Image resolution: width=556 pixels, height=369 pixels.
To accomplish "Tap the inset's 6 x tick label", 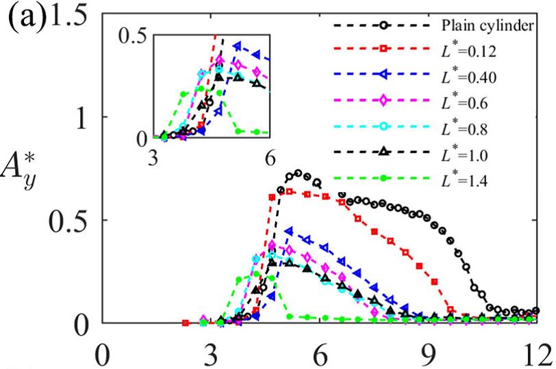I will [x=270, y=157].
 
